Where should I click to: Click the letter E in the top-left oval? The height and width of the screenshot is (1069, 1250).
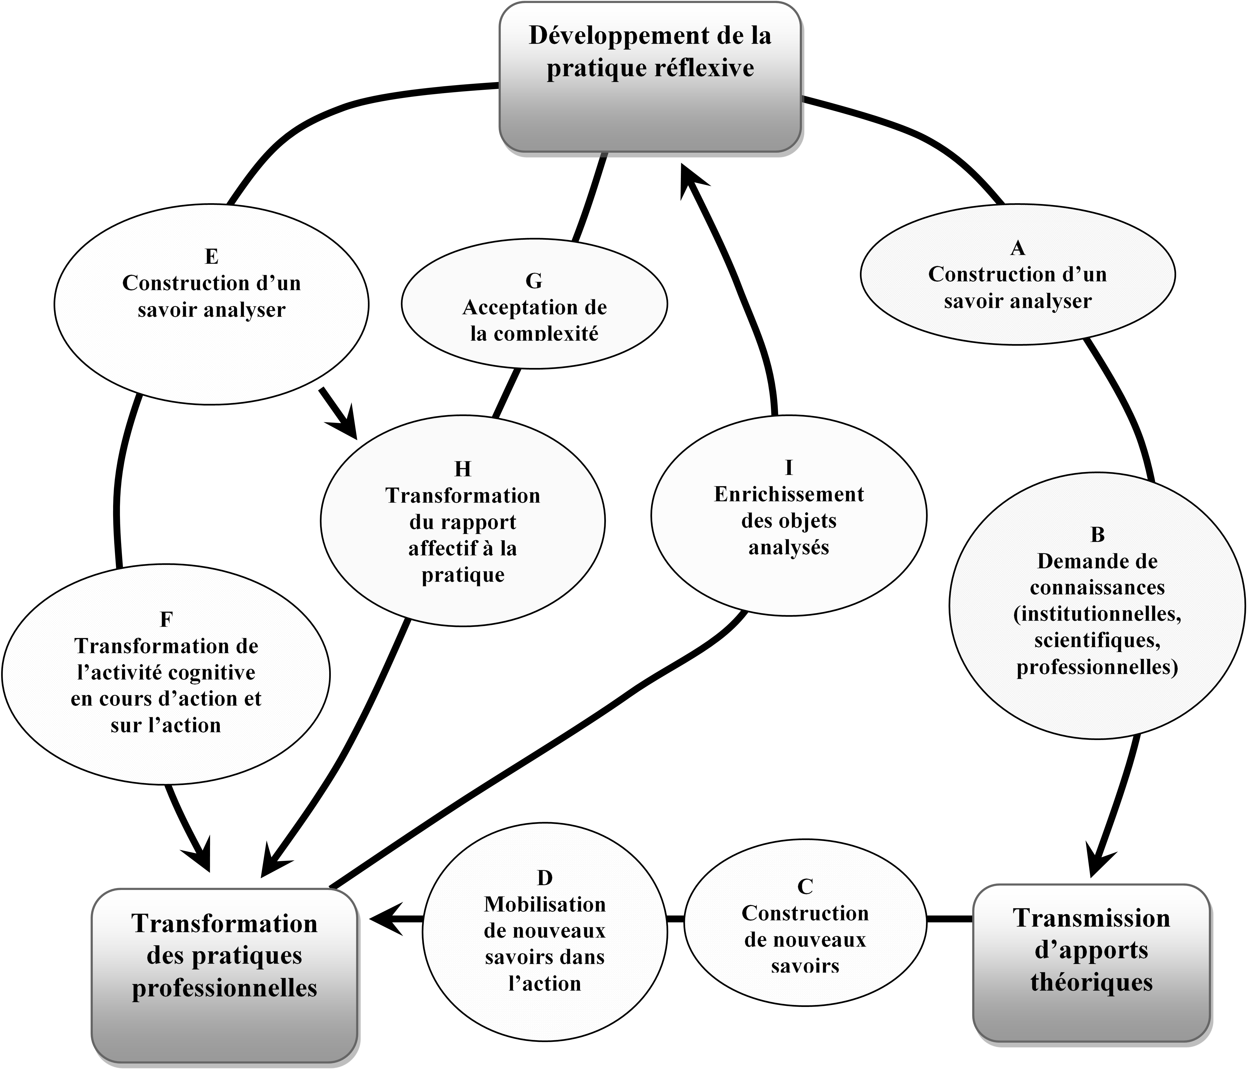211,256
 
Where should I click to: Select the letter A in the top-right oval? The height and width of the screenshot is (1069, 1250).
1018,248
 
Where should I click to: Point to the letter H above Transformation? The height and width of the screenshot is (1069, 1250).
463,469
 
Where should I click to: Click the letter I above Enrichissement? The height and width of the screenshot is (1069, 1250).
788,468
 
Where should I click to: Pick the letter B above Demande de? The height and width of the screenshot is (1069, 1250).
1097,534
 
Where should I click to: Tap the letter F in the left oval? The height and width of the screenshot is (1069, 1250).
166,619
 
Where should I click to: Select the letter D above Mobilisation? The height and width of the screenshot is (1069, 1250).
544,878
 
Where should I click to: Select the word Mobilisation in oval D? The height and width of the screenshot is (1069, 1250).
544,904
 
